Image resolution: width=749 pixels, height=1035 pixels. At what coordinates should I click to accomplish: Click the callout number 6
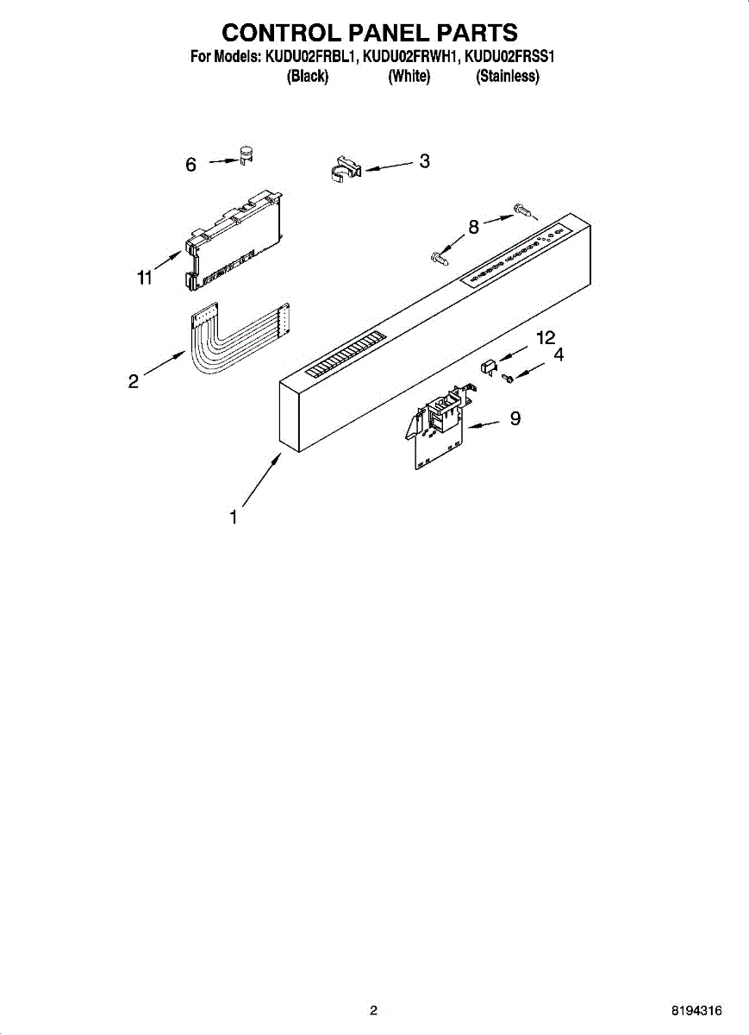191,164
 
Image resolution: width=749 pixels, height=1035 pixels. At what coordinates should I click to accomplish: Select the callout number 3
424,160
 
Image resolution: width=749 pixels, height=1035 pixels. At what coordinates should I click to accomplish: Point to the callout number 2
134,380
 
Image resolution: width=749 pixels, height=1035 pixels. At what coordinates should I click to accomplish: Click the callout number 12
546,338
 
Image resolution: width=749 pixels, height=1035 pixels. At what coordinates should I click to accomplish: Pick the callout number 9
515,419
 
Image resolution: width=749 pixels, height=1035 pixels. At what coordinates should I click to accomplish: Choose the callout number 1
233,517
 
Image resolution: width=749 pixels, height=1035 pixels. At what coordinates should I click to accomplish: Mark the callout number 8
473,228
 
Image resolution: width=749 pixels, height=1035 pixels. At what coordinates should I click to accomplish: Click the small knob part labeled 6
247,155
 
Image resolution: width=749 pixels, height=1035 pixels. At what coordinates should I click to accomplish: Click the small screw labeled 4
509,378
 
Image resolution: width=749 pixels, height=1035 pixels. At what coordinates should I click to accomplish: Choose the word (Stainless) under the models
508,77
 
